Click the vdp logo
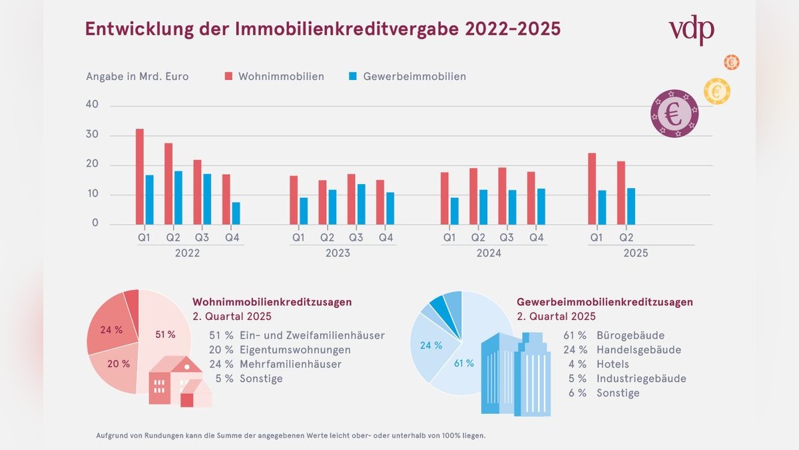click(x=691, y=30)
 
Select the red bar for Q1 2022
click(x=140, y=177)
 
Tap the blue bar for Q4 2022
click(x=236, y=213)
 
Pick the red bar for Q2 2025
click(x=621, y=193)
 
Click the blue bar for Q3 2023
click(x=361, y=204)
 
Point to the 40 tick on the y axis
click(x=92, y=105)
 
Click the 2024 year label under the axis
click(x=489, y=253)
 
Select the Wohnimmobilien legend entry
click(x=274, y=77)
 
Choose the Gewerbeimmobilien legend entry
click(x=407, y=77)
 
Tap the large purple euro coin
click(x=674, y=113)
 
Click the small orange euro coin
click(x=732, y=63)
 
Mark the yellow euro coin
click(x=716, y=91)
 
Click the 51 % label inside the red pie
click(x=164, y=334)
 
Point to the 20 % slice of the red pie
click(x=117, y=365)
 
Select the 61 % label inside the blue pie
click(x=464, y=363)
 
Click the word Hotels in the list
click(x=613, y=365)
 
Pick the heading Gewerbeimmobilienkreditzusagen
click(x=605, y=302)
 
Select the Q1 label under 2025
click(x=597, y=237)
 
